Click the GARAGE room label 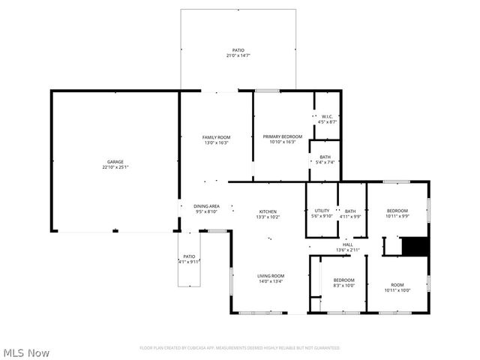(x=115, y=162)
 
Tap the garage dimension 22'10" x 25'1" (x=115, y=168)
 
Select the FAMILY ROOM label (x=216, y=136)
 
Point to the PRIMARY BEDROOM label (x=282, y=136)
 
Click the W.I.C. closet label (x=328, y=116)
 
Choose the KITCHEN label (x=268, y=211)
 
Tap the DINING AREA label (x=206, y=206)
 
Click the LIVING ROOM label (x=271, y=276)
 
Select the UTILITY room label (x=322, y=211)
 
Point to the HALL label (x=348, y=244)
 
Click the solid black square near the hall (x=413, y=247)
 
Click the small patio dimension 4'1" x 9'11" (x=189, y=262)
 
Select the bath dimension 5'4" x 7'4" (x=325, y=162)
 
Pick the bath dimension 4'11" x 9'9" (x=350, y=217)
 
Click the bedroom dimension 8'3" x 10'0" (x=343, y=286)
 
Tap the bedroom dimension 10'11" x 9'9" (x=397, y=217)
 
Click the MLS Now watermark (x=27, y=352)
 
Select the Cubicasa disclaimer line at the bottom (x=239, y=348)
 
